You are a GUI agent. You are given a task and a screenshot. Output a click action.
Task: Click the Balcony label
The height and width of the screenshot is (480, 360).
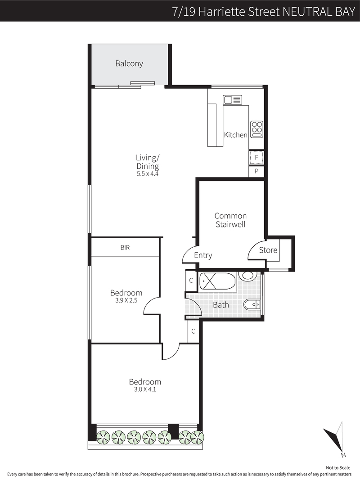pos(129,63)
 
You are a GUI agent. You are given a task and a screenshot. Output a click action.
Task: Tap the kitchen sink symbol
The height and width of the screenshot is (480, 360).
pos(233,100)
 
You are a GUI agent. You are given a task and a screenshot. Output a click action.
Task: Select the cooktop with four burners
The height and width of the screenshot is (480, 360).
pos(256,129)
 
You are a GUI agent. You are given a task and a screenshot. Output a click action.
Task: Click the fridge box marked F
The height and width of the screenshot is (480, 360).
pos(256,158)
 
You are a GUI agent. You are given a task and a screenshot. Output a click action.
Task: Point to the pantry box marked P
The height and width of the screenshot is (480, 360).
pos(256,171)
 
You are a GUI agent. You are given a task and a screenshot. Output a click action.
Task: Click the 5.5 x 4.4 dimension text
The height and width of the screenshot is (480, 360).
pos(148,174)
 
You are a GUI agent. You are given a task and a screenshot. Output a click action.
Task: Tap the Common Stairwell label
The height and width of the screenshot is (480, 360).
pos(230,220)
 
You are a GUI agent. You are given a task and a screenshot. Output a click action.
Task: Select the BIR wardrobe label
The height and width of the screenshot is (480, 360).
pos(125,247)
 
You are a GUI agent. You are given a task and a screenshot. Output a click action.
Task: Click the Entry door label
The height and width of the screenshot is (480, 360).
pos(203,255)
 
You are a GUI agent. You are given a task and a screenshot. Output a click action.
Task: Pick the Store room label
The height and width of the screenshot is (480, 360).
pos(268,250)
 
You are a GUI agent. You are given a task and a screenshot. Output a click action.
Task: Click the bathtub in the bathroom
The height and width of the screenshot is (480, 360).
pos(217,281)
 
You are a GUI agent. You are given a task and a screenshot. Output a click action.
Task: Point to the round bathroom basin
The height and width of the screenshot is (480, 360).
pos(247,276)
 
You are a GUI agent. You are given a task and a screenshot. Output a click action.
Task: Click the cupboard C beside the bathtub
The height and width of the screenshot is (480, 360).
pos(191,281)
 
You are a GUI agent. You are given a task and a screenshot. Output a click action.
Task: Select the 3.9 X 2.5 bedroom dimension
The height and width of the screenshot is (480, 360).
pos(126,300)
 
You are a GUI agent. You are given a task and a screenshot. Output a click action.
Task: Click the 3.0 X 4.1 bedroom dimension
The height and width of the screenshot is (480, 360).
pos(145,389)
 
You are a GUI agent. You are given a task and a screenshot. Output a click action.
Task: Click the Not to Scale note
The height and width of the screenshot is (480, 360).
pos(338,468)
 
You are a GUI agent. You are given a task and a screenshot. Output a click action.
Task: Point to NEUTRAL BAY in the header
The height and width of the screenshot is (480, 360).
pos(319,12)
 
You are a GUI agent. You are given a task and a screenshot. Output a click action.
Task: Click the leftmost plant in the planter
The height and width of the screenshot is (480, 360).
pos(103,437)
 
